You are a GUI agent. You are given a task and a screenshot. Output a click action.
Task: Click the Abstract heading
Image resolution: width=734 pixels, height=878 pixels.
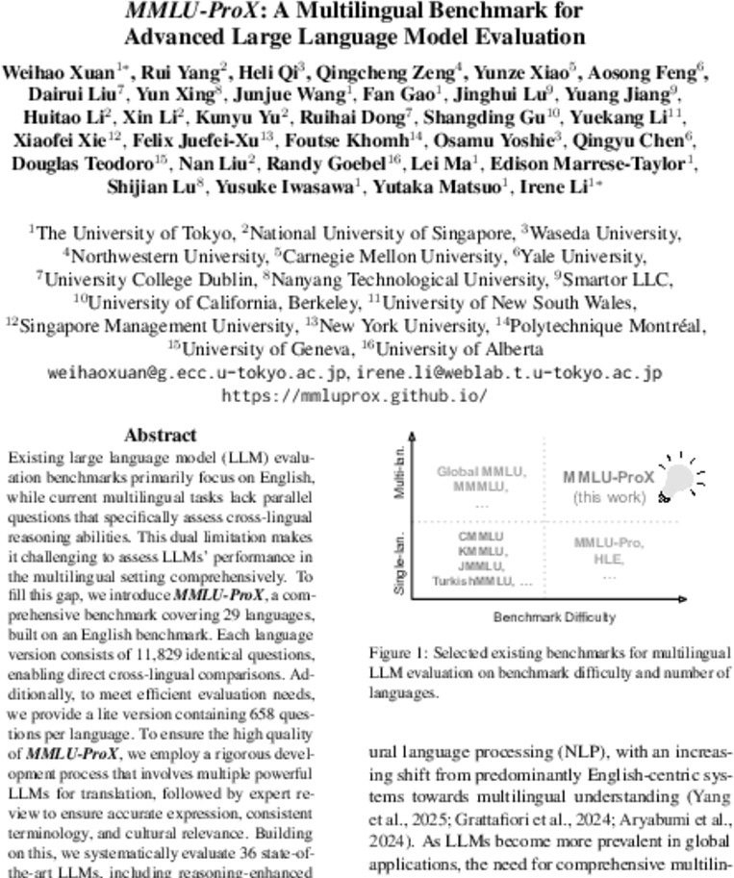coord(161,435)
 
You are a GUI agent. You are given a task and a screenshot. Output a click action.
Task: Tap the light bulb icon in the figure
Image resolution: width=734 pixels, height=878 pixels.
coord(679,479)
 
